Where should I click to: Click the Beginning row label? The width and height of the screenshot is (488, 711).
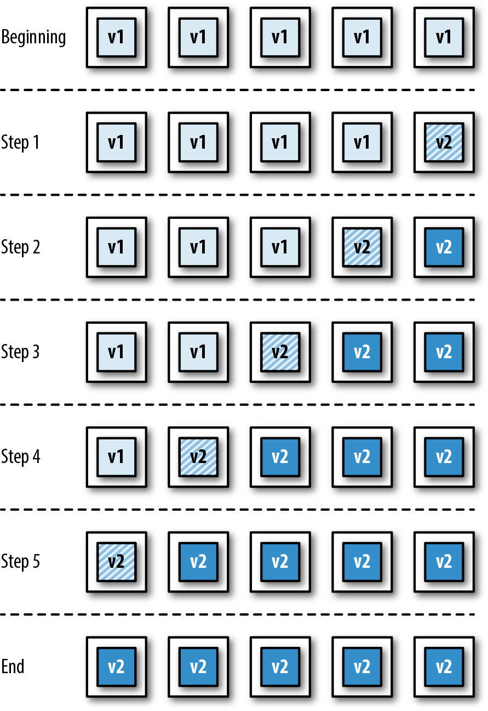pyautogui.click(x=34, y=38)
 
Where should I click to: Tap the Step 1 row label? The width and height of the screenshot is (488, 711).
pyautogui.click(x=20, y=143)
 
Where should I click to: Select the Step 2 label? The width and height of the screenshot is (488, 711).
pyautogui.click(x=20, y=247)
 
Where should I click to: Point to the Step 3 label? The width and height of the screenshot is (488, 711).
pyautogui.click(x=20, y=352)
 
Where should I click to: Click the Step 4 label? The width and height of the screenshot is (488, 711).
pyautogui.click(x=20, y=457)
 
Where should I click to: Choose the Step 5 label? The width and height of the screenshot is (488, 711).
pyautogui.click(x=20, y=562)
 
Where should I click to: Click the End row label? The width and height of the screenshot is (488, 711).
pyautogui.click(x=13, y=667)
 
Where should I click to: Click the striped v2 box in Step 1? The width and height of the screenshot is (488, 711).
pyautogui.click(x=444, y=143)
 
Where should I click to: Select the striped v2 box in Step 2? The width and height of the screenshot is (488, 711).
pyautogui.click(x=362, y=247)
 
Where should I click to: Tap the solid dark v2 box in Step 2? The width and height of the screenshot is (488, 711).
pyautogui.click(x=444, y=247)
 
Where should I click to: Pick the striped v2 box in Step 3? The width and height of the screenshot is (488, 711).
pyautogui.click(x=280, y=352)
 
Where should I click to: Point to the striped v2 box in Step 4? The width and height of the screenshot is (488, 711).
pyautogui.click(x=198, y=457)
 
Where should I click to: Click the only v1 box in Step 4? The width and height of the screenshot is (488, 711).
pyautogui.click(x=116, y=457)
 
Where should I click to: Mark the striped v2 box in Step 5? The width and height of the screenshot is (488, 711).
pyautogui.click(x=116, y=562)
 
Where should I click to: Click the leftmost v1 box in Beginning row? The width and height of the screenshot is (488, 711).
pyautogui.click(x=116, y=37)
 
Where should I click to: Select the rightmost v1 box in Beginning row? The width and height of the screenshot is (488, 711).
pyautogui.click(x=444, y=37)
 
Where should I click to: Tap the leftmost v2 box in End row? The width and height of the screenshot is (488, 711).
pyautogui.click(x=116, y=667)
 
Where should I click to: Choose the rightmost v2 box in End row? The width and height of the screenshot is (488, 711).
pyautogui.click(x=444, y=667)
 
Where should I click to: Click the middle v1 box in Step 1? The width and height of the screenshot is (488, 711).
pyautogui.click(x=280, y=143)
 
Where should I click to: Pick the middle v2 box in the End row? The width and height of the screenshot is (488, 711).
pyautogui.click(x=280, y=667)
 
